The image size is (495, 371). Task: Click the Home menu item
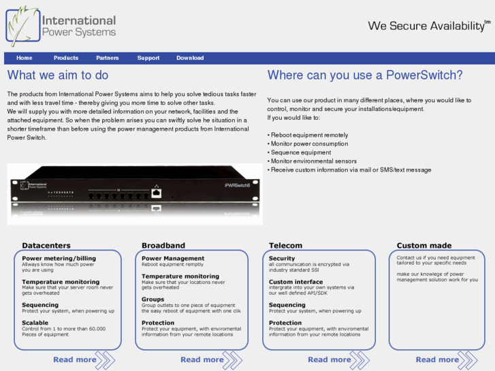click(25, 58)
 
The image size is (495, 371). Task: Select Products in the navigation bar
click(66, 58)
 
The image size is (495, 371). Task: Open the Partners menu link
click(108, 58)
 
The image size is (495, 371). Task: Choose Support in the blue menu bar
click(148, 58)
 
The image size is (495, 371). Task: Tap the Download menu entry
click(190, 58)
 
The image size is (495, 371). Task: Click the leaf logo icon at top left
click(22, 26)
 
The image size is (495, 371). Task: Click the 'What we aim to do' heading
click(58, 76)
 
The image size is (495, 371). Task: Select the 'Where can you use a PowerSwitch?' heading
click(365, 76)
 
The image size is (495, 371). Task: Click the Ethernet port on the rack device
click(156, 193)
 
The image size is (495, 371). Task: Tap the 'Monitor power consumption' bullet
click(308, 144)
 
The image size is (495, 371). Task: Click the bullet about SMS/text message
click(349, 170)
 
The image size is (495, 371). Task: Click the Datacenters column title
click(46, 245)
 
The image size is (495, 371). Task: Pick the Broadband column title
click(163, 245)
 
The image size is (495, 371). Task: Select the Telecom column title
click(286, 245)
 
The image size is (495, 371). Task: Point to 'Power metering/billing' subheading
click(59, 259)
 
